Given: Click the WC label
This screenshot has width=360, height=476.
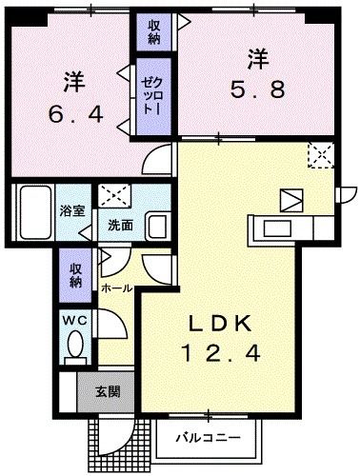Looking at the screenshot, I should [75, 322].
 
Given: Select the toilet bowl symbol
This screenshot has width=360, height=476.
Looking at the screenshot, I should [76, 347].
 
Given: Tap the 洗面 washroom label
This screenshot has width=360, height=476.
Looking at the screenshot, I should [119, 226].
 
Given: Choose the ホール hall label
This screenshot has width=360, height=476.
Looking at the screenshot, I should [114, 286].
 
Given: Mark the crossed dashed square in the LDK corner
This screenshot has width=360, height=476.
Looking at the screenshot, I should [319, 154].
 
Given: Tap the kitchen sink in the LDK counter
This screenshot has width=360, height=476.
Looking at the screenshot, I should [280, 228].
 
